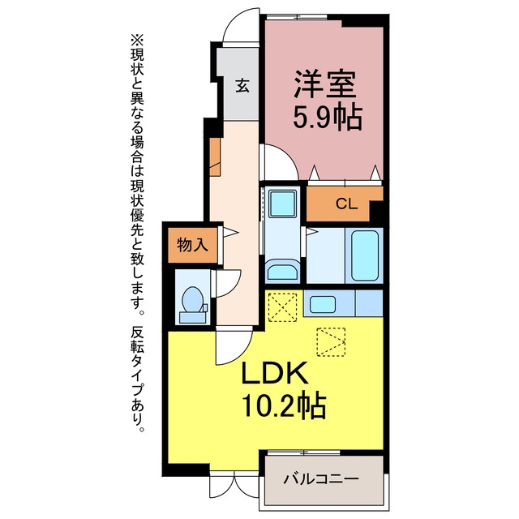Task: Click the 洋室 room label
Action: point(325,84)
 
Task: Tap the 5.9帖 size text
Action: point(327,117)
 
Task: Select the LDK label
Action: point(274,373)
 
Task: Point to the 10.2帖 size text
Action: point(285,406)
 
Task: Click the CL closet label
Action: point(346,204)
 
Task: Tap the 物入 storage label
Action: point(192,245)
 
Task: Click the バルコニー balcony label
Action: point(321,479)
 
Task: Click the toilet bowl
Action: point(192,299)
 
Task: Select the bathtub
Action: point(365,256)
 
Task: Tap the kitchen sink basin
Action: point(323,304)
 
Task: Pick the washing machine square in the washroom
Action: point(282,204)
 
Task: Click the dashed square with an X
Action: point(282,307)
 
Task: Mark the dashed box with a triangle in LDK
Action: point(331,342)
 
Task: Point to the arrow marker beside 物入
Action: point(231,232)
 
